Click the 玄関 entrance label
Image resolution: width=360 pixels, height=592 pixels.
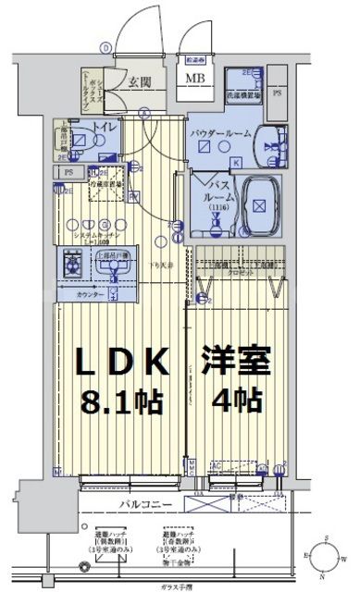coord(142,81)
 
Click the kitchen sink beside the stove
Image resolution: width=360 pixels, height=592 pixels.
coord(113,267)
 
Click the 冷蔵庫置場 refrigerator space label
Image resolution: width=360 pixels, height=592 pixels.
coord(110,182)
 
